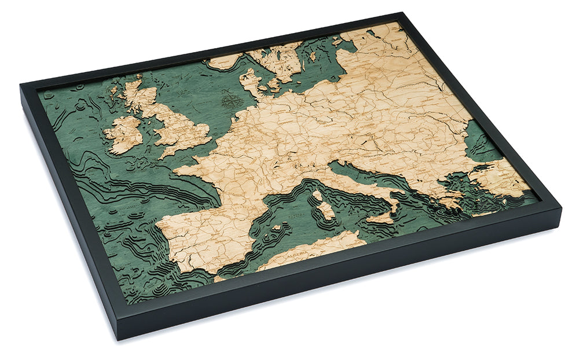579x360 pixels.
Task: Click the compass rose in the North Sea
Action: coord(231,102)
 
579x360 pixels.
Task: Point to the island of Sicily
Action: coord(382,219)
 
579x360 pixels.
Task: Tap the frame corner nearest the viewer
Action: coord(129,336)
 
